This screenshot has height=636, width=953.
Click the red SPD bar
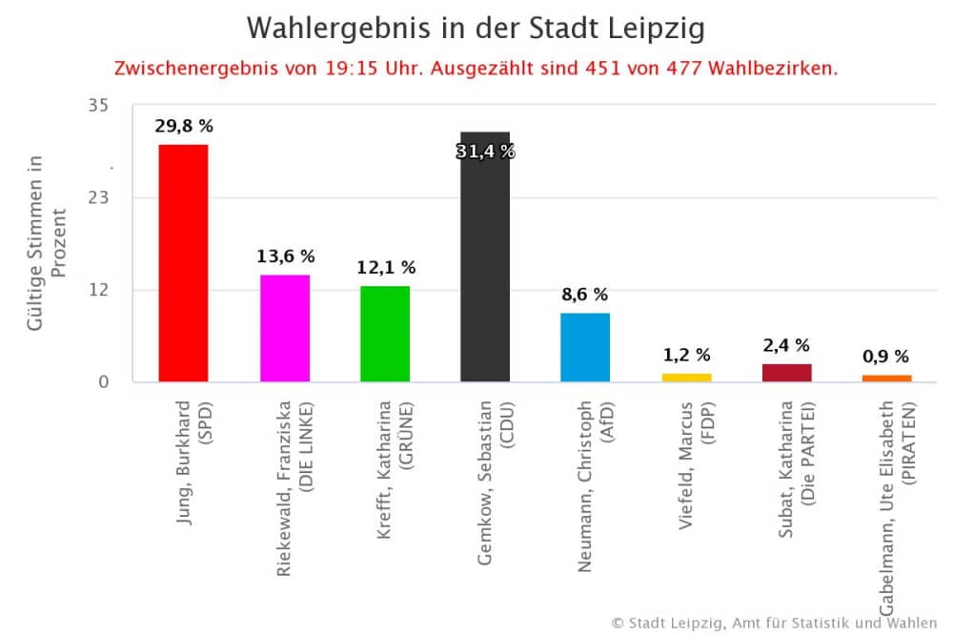(x=183, y=262)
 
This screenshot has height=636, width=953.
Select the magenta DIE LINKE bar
(x=285, y=328)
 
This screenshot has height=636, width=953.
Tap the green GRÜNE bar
(x=385, y=334)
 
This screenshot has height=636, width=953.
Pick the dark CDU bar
(x=485, y=256)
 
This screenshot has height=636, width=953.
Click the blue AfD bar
(x=585, y=347)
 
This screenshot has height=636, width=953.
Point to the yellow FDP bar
(x=686, y=378)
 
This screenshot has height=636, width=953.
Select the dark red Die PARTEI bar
(x=786, y=373)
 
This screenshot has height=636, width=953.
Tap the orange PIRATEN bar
(x=886, y=379)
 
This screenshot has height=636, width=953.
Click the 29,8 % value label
(x=183, y=125)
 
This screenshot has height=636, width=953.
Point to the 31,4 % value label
(x=485, y=151)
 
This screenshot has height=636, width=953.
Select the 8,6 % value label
(x=585, y=295)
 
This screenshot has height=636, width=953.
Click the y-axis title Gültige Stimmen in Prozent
(x=47, y=242)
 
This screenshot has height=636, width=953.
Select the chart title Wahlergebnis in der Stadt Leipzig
(x=476, y=29)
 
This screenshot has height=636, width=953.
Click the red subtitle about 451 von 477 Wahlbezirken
(x=476, y=70)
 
